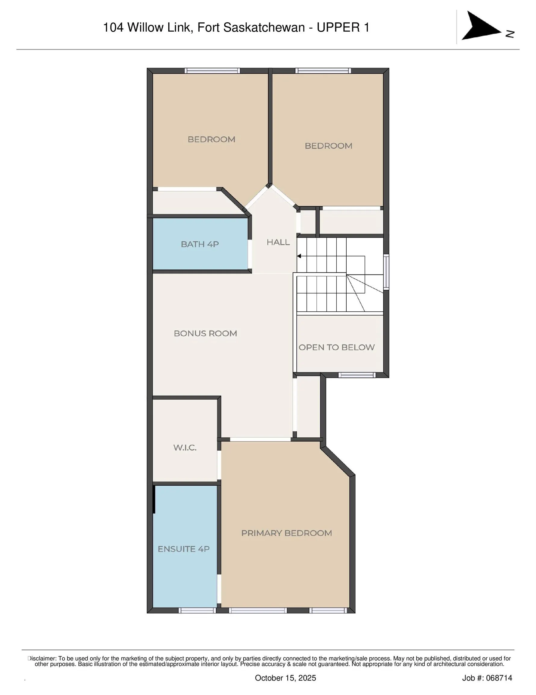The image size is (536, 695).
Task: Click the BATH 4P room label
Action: click(x=200, y=244)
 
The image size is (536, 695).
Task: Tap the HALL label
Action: click(x=278, y=242)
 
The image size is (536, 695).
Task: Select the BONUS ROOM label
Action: click(x=205, y=333)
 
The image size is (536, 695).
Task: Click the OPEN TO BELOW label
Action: click(x=336, y=347)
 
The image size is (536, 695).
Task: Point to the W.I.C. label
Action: click(x=185, y=447)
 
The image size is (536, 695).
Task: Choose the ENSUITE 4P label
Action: click(x=184, y=549)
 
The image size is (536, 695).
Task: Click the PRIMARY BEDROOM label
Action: click(x=286, y=533)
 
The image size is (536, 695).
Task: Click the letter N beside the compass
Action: click(x=510, y=34)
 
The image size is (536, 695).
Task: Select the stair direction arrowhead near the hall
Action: click(x=299, y=256)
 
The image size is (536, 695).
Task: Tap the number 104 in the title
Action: click(x=114, y=28)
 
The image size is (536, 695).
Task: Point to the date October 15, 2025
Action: click(x=285, y=678)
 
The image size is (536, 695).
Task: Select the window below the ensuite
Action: click(x=197, y=610)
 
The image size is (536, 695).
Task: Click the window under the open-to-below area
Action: click(x=357, y=375)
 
